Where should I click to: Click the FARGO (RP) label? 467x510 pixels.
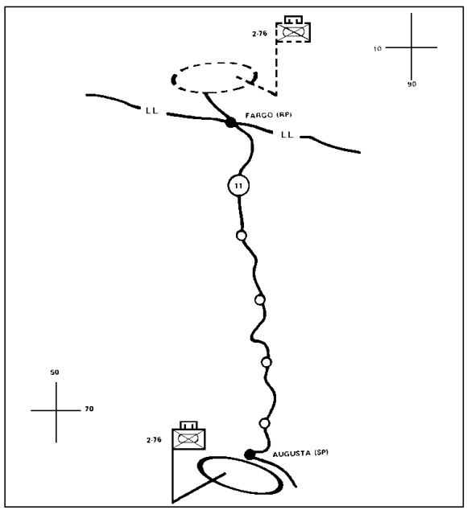[x=268, y=115]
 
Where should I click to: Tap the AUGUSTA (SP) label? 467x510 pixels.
[x=300, y=453]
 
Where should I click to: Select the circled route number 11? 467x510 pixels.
[x=238, y=185]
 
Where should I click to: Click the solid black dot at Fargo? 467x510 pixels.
[x=231, y=122]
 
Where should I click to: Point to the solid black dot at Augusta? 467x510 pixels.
[x=250, y=454]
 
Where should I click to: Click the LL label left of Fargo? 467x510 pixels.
[x=152, y=110]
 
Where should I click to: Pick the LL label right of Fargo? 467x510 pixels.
[x=287, y=134]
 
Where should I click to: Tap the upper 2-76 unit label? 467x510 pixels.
[x=259, y=33]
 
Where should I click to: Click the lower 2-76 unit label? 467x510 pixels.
[x=154, y=440]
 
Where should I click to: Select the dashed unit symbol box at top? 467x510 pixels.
[x=293, y=32]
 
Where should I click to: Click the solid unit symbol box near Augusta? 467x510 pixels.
[x=189, y=439]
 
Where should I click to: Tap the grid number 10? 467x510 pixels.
[x=377, y=49]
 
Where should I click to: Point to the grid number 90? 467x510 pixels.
[x=411, y=84]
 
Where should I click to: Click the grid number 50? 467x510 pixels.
[x=55, y=372]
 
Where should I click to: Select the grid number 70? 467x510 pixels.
[x=89, y=409]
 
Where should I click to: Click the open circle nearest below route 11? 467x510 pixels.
[x=241, y=235]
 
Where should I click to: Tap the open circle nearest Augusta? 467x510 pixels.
[x=264, y=423]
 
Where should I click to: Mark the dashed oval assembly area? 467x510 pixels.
[x=214, y=63]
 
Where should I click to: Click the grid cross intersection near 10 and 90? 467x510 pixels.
[x=411, y=47]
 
